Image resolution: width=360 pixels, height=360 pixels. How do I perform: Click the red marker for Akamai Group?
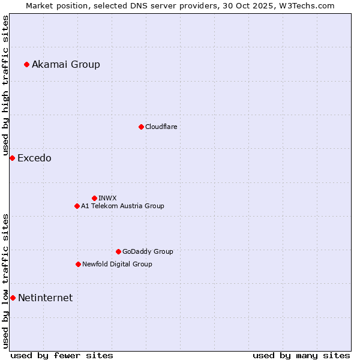point(26,64)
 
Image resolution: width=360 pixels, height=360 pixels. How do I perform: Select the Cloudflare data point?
point(141,127)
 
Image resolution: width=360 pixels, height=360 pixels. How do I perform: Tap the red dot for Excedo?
point(12,158)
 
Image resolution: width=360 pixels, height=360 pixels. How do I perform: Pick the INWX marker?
point(94,198)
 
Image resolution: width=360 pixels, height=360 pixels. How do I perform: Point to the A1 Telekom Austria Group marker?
point(77,206)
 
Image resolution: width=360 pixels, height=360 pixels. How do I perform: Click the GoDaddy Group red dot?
point(118,251)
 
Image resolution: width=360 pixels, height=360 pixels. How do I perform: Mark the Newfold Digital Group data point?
point(78,264)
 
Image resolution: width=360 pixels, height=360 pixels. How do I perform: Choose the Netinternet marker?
point(13,298)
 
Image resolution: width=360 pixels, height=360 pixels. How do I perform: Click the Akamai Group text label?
point(66,64)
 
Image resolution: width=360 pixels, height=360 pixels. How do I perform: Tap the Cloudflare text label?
point(161,127)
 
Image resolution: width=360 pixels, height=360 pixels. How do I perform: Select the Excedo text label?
point(34,158)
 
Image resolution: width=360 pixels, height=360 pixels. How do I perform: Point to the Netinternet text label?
point(45,298)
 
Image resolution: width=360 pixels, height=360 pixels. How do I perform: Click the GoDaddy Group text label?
point(148,251)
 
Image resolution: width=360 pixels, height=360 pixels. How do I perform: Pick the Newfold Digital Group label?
point(117,264)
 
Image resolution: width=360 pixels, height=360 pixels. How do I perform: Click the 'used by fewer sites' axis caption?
point(62,355)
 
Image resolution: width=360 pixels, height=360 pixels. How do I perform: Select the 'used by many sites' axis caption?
point(301,355)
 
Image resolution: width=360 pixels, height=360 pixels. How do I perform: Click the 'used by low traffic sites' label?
point(5,281)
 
